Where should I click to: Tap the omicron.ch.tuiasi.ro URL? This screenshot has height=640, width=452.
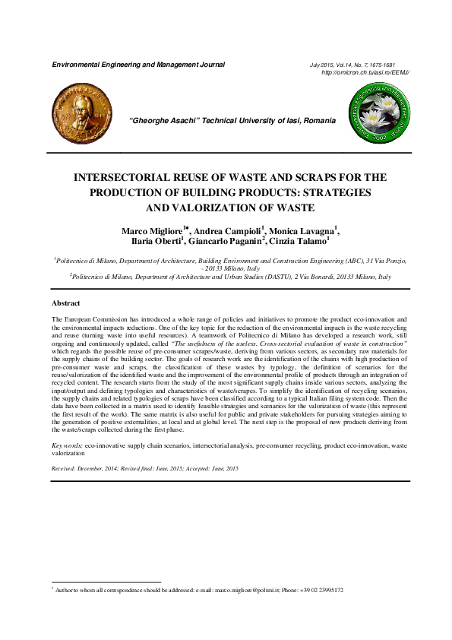pyautogui.click(x=365, y=72)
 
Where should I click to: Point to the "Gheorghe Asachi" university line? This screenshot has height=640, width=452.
pyautogui.click(x=232, y=121)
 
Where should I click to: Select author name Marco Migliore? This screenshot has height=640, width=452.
pyautogui.click(x=149, y=230)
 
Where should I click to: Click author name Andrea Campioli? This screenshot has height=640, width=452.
pyautogui.click(x=226, y=230)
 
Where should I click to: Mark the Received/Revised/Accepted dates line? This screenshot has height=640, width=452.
pyautogui.click(x=144, y=470)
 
